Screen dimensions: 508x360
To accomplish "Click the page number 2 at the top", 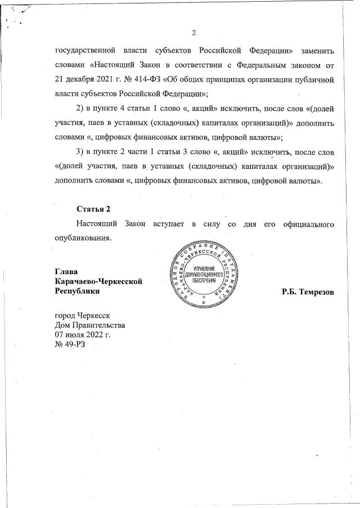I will point(193,32).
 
